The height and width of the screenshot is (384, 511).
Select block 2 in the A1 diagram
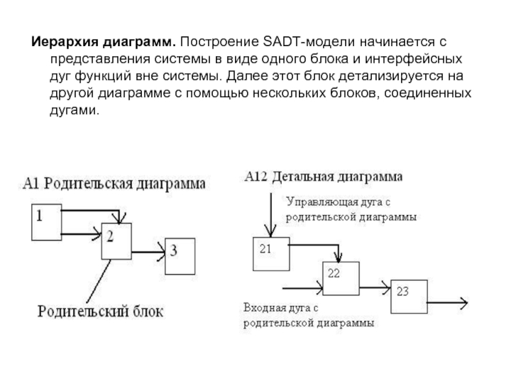pyautogui.click(x=116, y=241)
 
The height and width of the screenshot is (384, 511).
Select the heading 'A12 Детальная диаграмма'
pyautogui.click(x=323, y=175)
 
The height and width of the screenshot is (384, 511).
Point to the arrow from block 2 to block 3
pyautogui.click(x=148, y=251)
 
